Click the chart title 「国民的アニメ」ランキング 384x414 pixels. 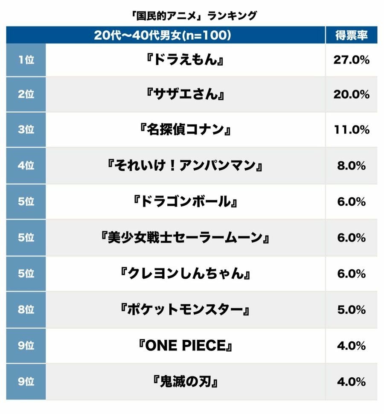tap(192, 16)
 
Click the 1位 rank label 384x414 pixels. tap(26, 60)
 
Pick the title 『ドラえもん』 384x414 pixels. tap(185, 60)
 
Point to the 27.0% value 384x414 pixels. tap(351, 60)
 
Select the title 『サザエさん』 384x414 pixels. tap(185, 95)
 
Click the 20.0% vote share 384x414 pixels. tap(351, 95)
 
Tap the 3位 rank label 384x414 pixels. tap(26, 130)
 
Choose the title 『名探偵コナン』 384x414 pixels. tap(185, 130)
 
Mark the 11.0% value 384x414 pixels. tap(351, 130)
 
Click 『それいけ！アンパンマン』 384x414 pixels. tap(185, 166)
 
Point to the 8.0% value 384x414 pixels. tap(351, 166)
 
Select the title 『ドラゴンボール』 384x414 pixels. tap(185, 201)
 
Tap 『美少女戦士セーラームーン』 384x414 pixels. tap(185, 237)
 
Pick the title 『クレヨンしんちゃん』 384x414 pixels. tap(185, 274)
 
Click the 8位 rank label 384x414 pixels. tap(26, 309)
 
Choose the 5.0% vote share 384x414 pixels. tap(351, 309)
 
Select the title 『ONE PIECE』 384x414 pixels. tap(185, 345)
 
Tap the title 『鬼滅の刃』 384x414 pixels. tap(185, 381)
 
